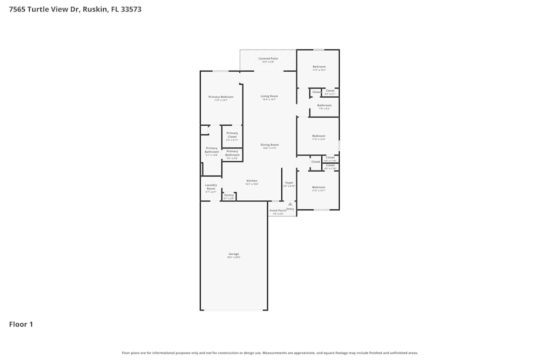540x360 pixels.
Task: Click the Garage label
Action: pyautogui.click(x=233, y=254)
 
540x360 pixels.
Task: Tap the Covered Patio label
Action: pyautogui.click(x=268, y=58)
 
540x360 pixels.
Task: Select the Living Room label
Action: pyautogui.click(x=268, y=97)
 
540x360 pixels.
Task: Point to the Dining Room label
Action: pyautogui.click(x=269, y=145)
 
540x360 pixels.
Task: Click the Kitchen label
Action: pyautogui.click(x=252, y=181)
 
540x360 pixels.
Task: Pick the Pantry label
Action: pyautogui.click(x=229, y=195)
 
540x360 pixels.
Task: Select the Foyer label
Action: pyautogui.click(x=289, y=183)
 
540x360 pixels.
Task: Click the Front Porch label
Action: pyautogui.click(x=278, y=210)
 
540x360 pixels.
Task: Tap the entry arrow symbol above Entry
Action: pyautogui.click(x=290, y=204)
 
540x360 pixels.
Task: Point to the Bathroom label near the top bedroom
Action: pyautogui.click(x=324, y=105)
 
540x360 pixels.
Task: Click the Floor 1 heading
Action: pyautogui.click(x=21, y=324)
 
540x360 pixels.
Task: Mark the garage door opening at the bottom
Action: pyautogui.click(x=233, y=310)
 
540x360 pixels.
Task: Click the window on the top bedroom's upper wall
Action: pyautogui.click(x=319, y=50)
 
